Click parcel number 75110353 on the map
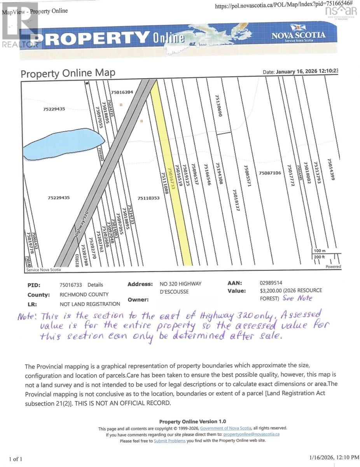pyautogui.click(x=149, y=198)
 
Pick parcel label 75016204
pyautogui.click(x=122, y=92)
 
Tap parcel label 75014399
pyautogui.click(x=330, y=169)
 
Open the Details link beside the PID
pyautogui.click(x=95, y=285)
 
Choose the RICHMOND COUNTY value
pyautogui.click(x=84, y=295)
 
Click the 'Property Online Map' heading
pyautogui.click(x=68, y=73)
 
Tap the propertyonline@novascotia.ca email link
pyautogui.click(x=252, y=434)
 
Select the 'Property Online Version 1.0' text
pyautogui.click(x=192, y=421)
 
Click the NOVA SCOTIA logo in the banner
pyautogui.click(x=299, y=36)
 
